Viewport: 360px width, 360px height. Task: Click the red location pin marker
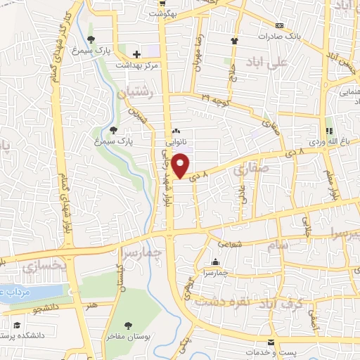pos(181,165)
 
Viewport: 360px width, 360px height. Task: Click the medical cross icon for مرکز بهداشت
pos(136,53)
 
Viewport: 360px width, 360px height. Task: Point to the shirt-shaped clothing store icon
pos(234,40)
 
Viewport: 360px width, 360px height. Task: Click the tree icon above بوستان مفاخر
pos(128,325)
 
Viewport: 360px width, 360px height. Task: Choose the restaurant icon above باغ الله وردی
pos(328,130)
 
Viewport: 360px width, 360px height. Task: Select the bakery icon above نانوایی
pos(176,131)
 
